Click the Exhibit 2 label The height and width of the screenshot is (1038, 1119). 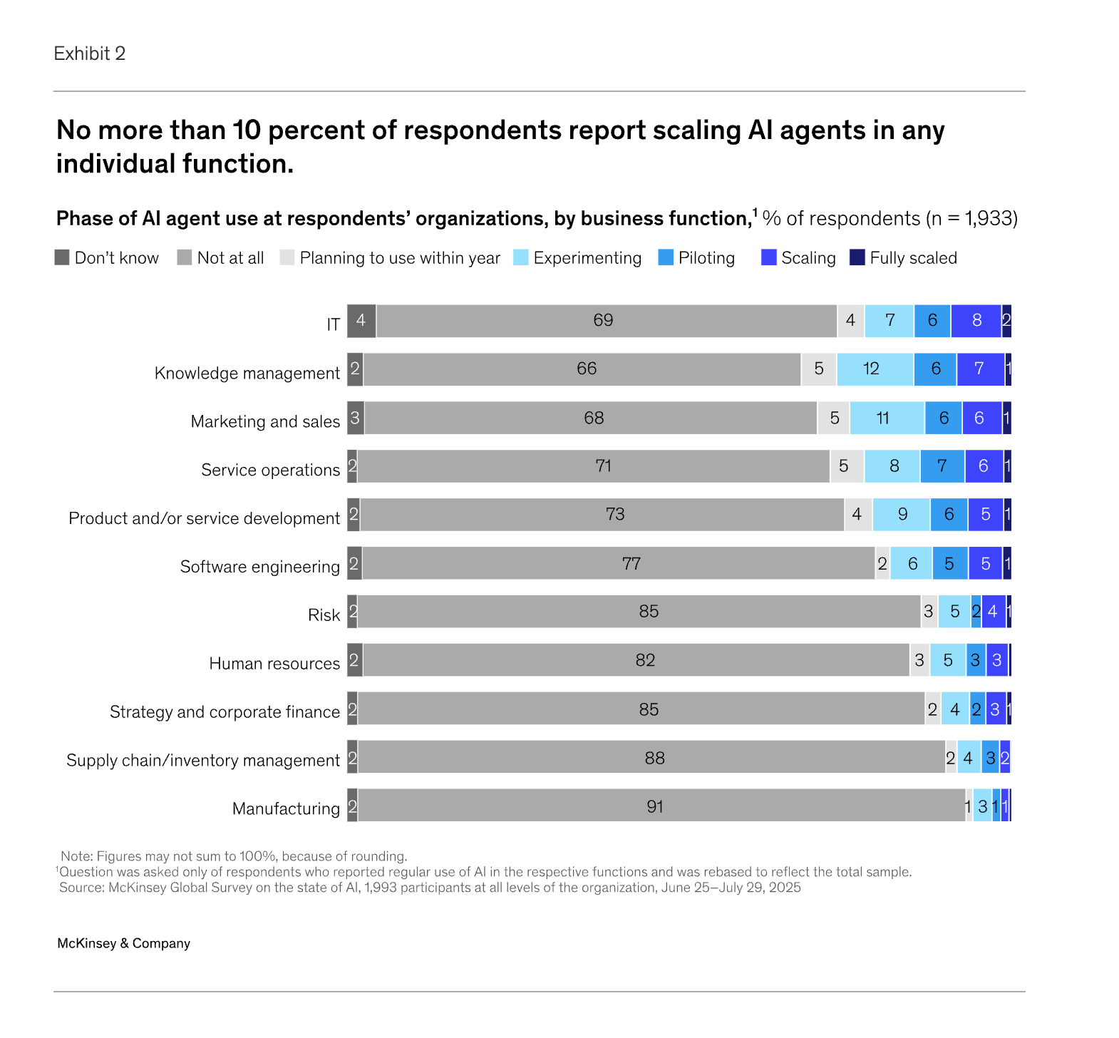[90, 53]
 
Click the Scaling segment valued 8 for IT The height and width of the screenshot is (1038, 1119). [976, 321]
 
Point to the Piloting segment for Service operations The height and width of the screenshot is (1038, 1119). [942, 466]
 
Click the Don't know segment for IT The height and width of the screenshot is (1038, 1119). [361, 321]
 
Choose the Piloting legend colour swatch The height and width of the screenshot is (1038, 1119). [666, 257]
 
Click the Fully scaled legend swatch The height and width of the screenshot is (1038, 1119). [857, 257]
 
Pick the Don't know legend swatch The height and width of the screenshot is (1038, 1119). [62, 257]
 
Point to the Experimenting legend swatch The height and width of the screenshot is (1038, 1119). [521, 257]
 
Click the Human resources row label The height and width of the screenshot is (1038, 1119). [274, 664]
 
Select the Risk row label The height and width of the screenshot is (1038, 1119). [324, 615]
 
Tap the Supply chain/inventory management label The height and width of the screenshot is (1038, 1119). [203, 761]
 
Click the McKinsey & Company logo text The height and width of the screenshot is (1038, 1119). [124, 943]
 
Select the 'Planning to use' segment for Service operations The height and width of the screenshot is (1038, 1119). [847, 466]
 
